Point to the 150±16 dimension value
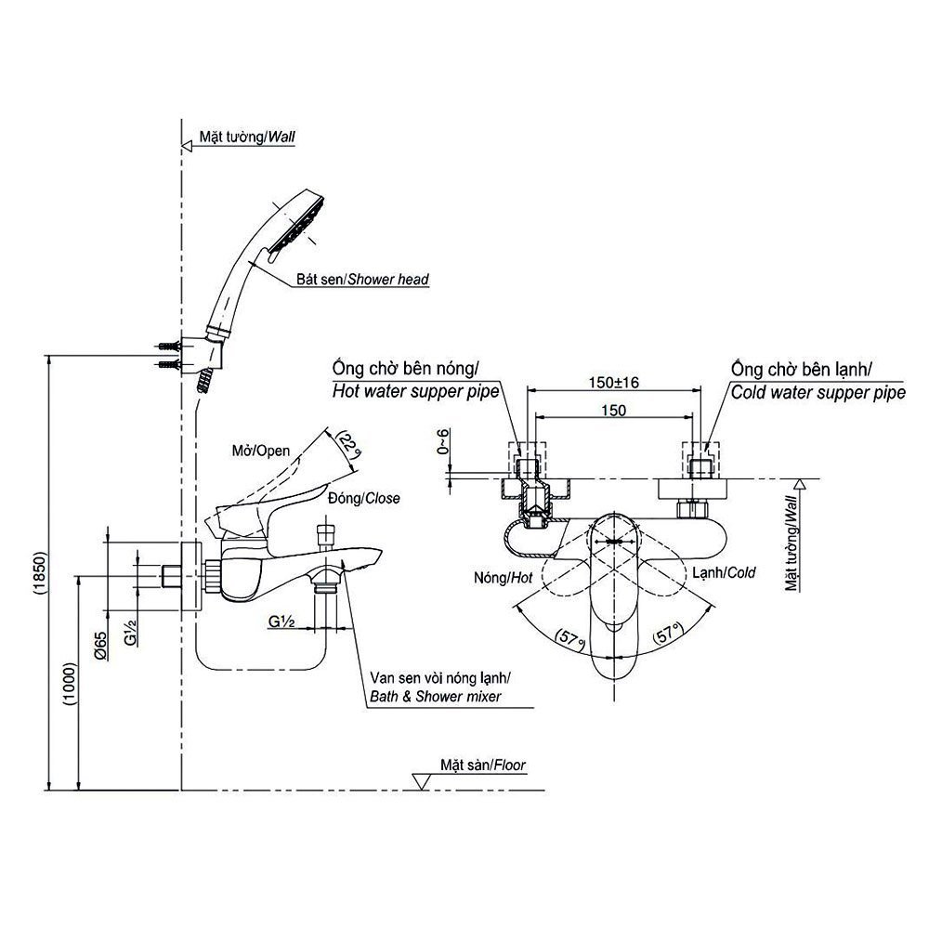click(x=615, y=383)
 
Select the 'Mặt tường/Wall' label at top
click(x=247, y=136)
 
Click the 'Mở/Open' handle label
click(x=260, y=451)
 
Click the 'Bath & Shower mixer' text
click(x=435, y=695)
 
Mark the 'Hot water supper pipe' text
click(x=415, y=393)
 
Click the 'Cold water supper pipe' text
click(x=818, y=393)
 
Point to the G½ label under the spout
click(x=281, y=621)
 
